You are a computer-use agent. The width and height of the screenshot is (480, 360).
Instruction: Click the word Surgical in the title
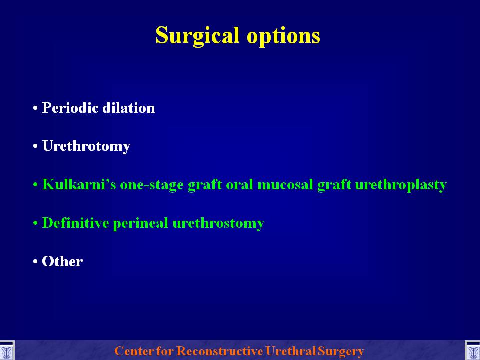point(197,36)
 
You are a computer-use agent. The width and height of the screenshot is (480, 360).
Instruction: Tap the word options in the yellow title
point(283,36)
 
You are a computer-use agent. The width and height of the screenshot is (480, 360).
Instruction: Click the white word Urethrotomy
point(86,146)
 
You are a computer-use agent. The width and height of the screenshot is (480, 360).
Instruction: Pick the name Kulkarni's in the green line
point(79,184)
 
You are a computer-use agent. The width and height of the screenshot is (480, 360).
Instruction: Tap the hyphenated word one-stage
point(152,185)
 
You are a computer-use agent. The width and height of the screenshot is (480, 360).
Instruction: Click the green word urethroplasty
point(401,185)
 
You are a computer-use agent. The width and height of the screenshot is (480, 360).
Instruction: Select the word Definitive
point(75,223)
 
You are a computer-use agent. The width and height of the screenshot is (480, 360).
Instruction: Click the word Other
point(62,261)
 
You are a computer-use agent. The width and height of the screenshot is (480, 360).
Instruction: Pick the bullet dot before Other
point(35,262)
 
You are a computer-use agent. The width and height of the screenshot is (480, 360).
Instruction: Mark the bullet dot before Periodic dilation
point(35,108)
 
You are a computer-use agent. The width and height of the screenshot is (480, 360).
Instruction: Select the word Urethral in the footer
point(291,351)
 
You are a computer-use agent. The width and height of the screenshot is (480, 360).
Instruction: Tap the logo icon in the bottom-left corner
point(6,351)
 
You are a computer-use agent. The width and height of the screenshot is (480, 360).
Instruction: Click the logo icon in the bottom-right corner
point(472,351)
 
